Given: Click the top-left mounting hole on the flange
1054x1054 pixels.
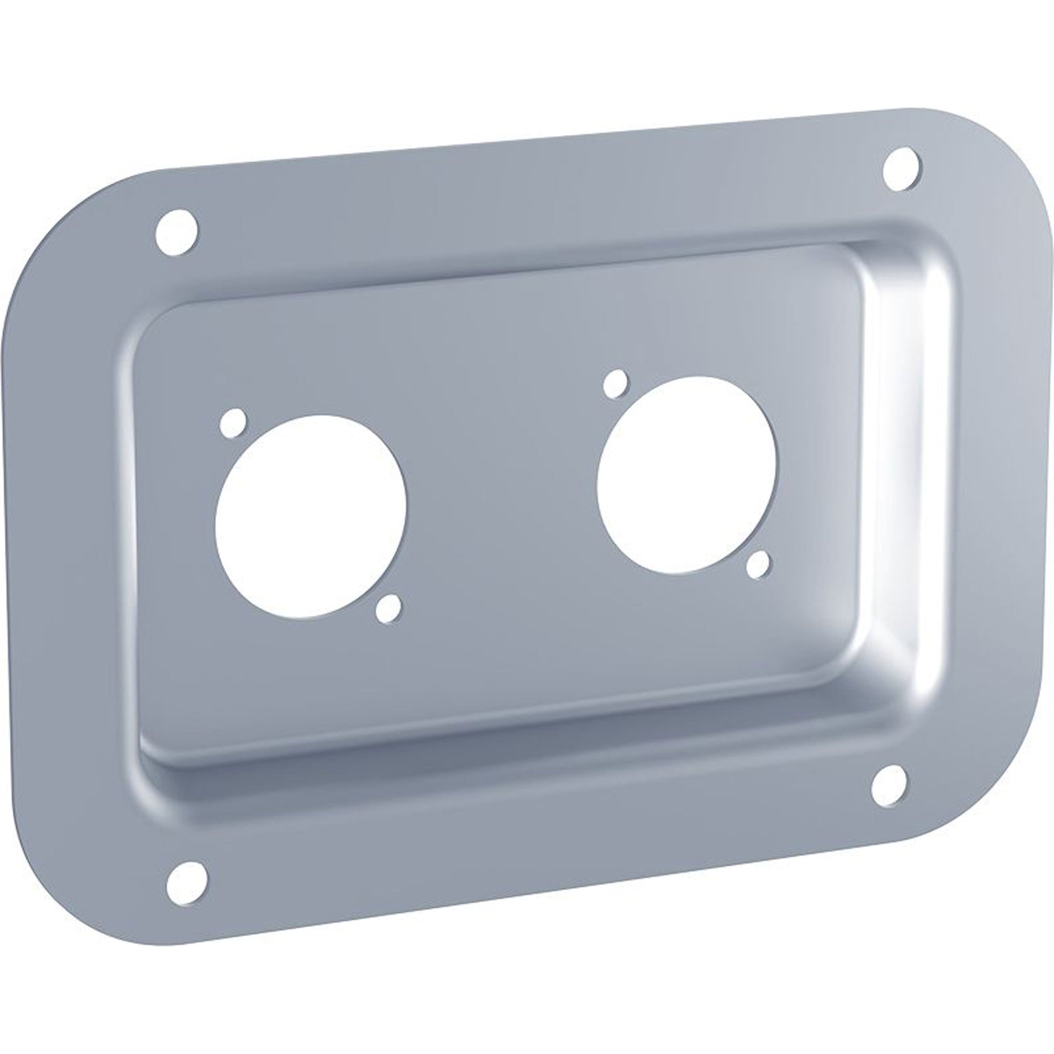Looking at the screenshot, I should (176, 232).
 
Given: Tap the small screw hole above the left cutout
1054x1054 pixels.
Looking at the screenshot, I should (233, 423).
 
